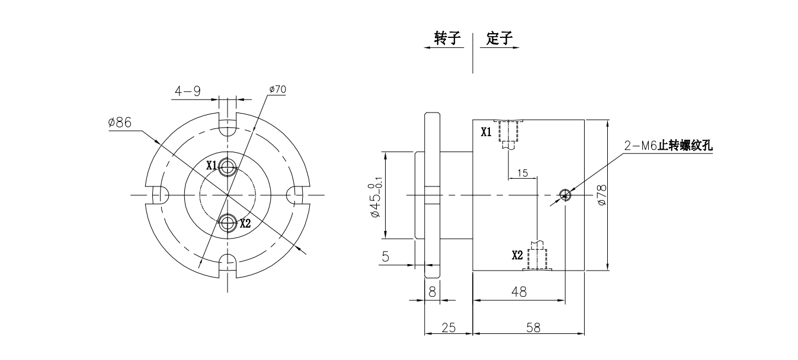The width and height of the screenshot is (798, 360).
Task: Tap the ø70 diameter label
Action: coord(277,89)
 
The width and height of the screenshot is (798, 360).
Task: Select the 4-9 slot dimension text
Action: coord(187,91)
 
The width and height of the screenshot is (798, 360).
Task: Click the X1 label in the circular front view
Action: coord(211,166)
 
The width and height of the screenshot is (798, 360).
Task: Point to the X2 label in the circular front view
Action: coord(245,224)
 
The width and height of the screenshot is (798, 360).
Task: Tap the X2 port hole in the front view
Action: coord(227,223)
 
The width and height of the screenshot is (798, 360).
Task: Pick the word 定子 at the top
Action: coord(499,39)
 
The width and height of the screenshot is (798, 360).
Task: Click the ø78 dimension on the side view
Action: coord(602,195)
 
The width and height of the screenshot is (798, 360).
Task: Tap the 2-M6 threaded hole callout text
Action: coord(668,146)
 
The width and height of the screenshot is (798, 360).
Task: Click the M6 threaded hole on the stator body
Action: coord(565,194)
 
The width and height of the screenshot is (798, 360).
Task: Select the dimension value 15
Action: coord(523,173)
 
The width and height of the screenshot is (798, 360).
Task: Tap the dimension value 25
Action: coord(448,327)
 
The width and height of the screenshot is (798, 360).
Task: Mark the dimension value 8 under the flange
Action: coord(432,292)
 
